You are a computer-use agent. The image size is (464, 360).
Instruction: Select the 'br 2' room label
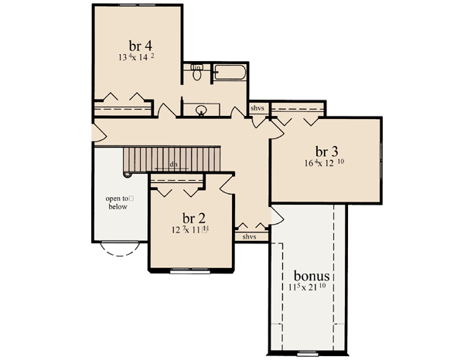click(x=192, y=218)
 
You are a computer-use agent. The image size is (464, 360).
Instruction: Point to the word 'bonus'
click(x=312, y=275)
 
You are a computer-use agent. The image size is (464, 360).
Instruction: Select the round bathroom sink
click(x=201, y=110)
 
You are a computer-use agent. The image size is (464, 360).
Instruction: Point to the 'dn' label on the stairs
click(x=176, y=164)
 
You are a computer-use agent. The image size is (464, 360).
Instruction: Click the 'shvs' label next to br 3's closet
click(x=258, y=108)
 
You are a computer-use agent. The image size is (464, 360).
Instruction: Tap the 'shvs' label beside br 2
click(x=249, y=236)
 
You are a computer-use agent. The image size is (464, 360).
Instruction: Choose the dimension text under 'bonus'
click(x=312, y=288)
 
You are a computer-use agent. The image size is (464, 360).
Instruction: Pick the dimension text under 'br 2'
click(x=191, y=230)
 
